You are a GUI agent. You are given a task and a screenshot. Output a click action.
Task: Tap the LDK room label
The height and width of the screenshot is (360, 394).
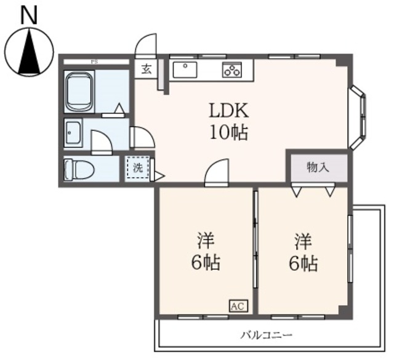(229, 111)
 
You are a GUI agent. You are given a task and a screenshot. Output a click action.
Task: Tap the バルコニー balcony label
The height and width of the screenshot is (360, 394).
(267, 336)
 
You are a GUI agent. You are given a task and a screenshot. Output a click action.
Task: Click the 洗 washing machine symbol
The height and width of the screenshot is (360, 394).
(138, 168)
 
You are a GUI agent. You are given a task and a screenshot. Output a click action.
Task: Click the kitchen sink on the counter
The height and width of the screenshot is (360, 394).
(184, 69)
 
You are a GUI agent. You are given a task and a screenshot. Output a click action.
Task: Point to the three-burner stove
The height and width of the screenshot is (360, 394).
(232, 70)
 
